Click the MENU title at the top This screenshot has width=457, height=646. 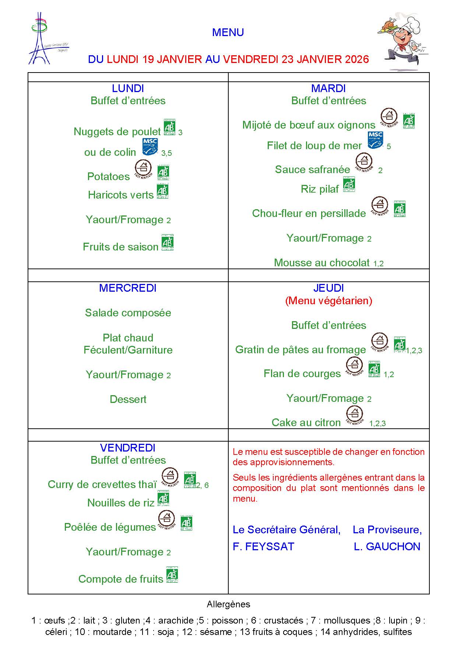click(228, 32)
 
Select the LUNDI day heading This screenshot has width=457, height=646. click(128, 88)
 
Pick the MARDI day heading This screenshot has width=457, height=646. click(328, 88)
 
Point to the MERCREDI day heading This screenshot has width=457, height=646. click(128, 288)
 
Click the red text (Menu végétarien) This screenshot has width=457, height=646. click(328, 301)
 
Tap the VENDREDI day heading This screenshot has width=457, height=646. click(128, 448)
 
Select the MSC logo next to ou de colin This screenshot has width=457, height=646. click(150, 147)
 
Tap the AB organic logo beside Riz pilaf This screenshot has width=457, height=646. click(349, 185)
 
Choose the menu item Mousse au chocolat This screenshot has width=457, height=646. click(321, 263)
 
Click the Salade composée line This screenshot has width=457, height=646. click(128, 313)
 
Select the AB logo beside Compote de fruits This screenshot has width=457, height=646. click(172, 575)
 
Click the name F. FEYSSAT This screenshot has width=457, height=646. click(263, 547)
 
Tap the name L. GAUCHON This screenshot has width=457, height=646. click(387, 547)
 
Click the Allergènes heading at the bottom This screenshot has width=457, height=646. click(228, 604)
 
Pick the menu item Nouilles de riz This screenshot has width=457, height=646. click(121, 503)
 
